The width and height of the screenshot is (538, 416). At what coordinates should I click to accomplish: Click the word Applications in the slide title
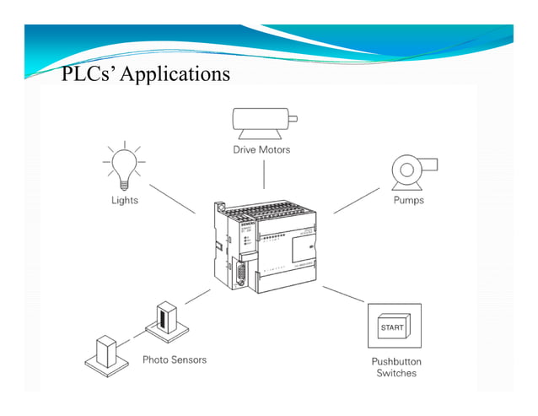175,74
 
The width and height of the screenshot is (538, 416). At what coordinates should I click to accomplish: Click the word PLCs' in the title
89,74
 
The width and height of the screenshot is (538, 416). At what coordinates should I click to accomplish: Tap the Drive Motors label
261,149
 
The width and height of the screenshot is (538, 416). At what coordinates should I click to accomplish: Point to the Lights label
124,201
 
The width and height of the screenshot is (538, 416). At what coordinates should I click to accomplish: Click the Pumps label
408,201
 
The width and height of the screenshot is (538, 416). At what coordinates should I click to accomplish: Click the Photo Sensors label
174,359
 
